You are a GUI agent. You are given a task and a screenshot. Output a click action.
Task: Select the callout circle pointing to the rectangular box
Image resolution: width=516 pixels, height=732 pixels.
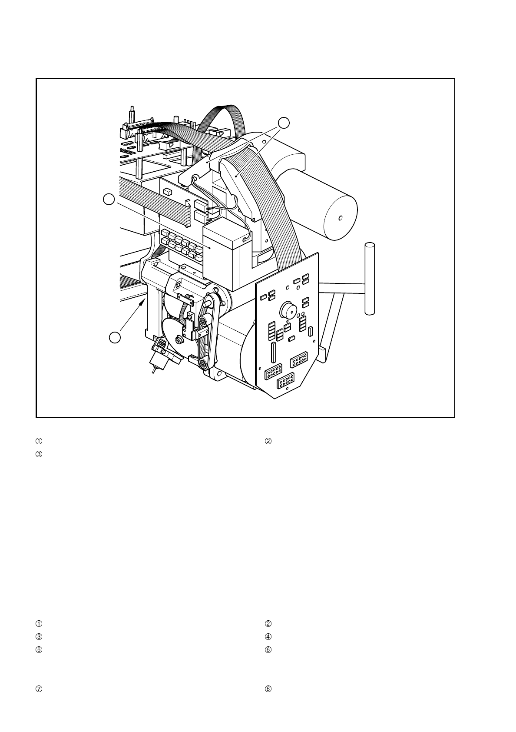coord(109,200)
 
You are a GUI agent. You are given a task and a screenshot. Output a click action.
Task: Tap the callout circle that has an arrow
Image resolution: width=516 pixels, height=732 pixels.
coord(114,337)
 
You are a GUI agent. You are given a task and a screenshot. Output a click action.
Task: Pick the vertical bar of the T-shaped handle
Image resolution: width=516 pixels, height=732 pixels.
coord(369,278)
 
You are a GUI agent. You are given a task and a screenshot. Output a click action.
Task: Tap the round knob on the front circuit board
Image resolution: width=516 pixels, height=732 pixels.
coord(287,310)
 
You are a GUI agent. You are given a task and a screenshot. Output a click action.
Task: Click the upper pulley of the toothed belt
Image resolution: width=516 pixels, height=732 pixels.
coord(203,321)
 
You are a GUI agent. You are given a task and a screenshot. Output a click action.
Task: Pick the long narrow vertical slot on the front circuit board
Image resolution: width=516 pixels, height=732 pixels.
coord(273,352)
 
